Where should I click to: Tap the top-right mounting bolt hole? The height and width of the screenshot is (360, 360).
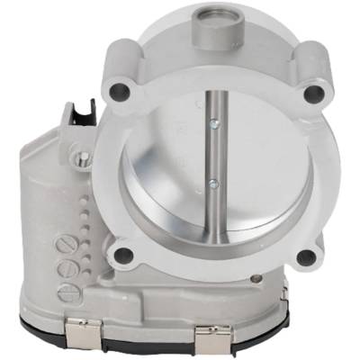pos(312,92)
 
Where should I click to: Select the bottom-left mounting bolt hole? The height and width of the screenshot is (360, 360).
pos(127,255)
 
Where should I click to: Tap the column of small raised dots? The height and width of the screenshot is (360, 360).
pos(87,216)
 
